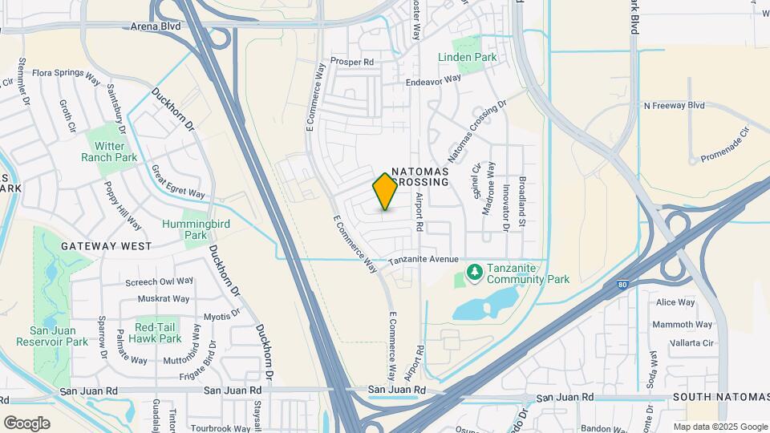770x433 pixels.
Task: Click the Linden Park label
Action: point(468,57)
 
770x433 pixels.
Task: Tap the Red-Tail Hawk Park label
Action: point(158,333)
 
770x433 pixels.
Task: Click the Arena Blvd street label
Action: point(159,26)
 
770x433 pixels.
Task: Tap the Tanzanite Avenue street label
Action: point(423,260)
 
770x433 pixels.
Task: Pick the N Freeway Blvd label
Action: point(674,105)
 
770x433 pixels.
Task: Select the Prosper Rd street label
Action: point(353,61)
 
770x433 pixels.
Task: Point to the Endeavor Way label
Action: point(434,79)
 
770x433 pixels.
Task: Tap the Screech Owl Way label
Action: point(160,281)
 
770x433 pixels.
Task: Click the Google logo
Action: point(26,423)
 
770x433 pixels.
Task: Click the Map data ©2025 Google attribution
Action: point(719,427)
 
